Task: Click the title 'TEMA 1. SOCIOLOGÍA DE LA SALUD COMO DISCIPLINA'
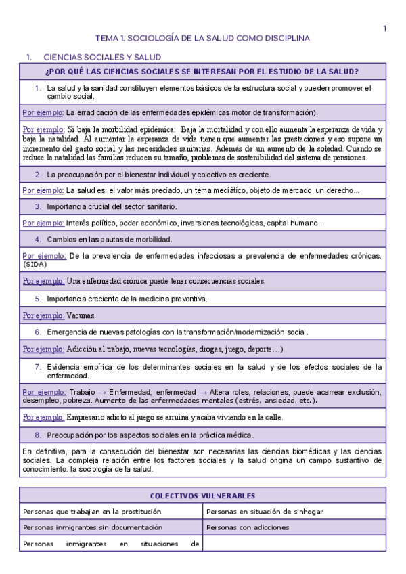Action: click(202, 39)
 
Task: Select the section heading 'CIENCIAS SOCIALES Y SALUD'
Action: click(102, 58)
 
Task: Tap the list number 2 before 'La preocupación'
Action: click(39, 175)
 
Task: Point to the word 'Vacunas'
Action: click(81, 315)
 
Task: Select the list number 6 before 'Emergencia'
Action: click(39, 332)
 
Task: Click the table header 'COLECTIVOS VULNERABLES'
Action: click(202, 496)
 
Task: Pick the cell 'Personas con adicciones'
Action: click(248, 527)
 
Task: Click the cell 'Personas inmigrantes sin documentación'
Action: click(93, 527)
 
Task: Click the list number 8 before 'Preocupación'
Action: click(39, 435)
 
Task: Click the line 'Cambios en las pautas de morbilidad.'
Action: click(109, 239)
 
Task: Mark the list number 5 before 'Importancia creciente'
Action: click(39, 299)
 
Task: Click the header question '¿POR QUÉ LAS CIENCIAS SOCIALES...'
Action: click(202, 72)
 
